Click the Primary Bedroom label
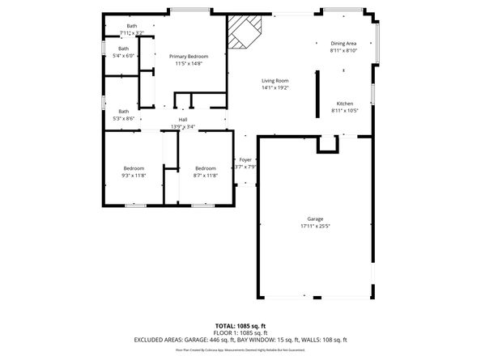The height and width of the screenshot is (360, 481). click(x=189, y=56)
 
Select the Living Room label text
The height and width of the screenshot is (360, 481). click(x=275, y=81)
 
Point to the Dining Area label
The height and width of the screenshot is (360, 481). click(x=343, y=43)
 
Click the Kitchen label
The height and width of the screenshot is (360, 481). click(x=345, y=104)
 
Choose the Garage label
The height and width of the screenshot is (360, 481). click(x=315, y=219)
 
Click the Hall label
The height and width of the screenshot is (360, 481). click(x=183, y=120)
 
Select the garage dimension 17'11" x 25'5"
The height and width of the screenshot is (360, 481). click(x=315, y=227)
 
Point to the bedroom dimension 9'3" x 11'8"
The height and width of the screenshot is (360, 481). click(x=134, y=176)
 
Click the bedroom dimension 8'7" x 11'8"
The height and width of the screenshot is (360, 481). click(x=205, y=176)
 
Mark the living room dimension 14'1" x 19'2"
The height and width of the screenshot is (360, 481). click(x=275, y=88)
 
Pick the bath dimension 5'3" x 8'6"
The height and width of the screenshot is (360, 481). click(x=124, y=118)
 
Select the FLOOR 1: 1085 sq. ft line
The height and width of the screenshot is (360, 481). click(x=240, y=333)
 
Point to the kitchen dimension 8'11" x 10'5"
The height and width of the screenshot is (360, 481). click(x=345, y=111)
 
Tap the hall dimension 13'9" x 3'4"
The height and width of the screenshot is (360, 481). click(x=183, y=127)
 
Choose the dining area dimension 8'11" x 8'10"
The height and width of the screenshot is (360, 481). click(x=343, y=50)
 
